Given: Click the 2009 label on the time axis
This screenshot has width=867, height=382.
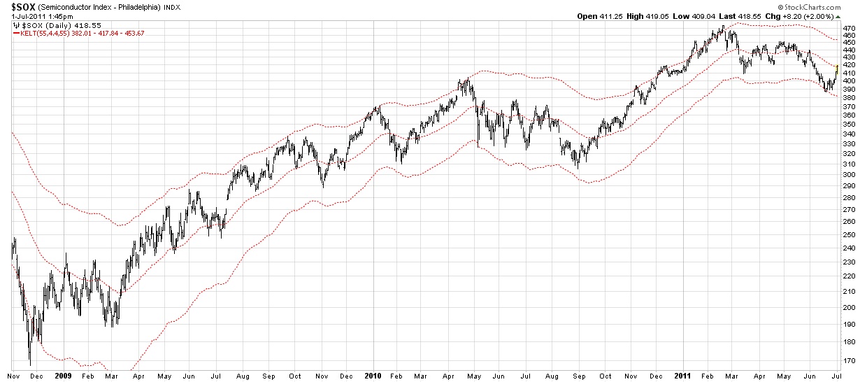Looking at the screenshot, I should tap(63, 376).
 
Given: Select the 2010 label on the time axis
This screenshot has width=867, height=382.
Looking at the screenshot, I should tap(372, 376).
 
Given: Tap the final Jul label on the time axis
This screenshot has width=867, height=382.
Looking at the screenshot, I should tap(837, 376).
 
